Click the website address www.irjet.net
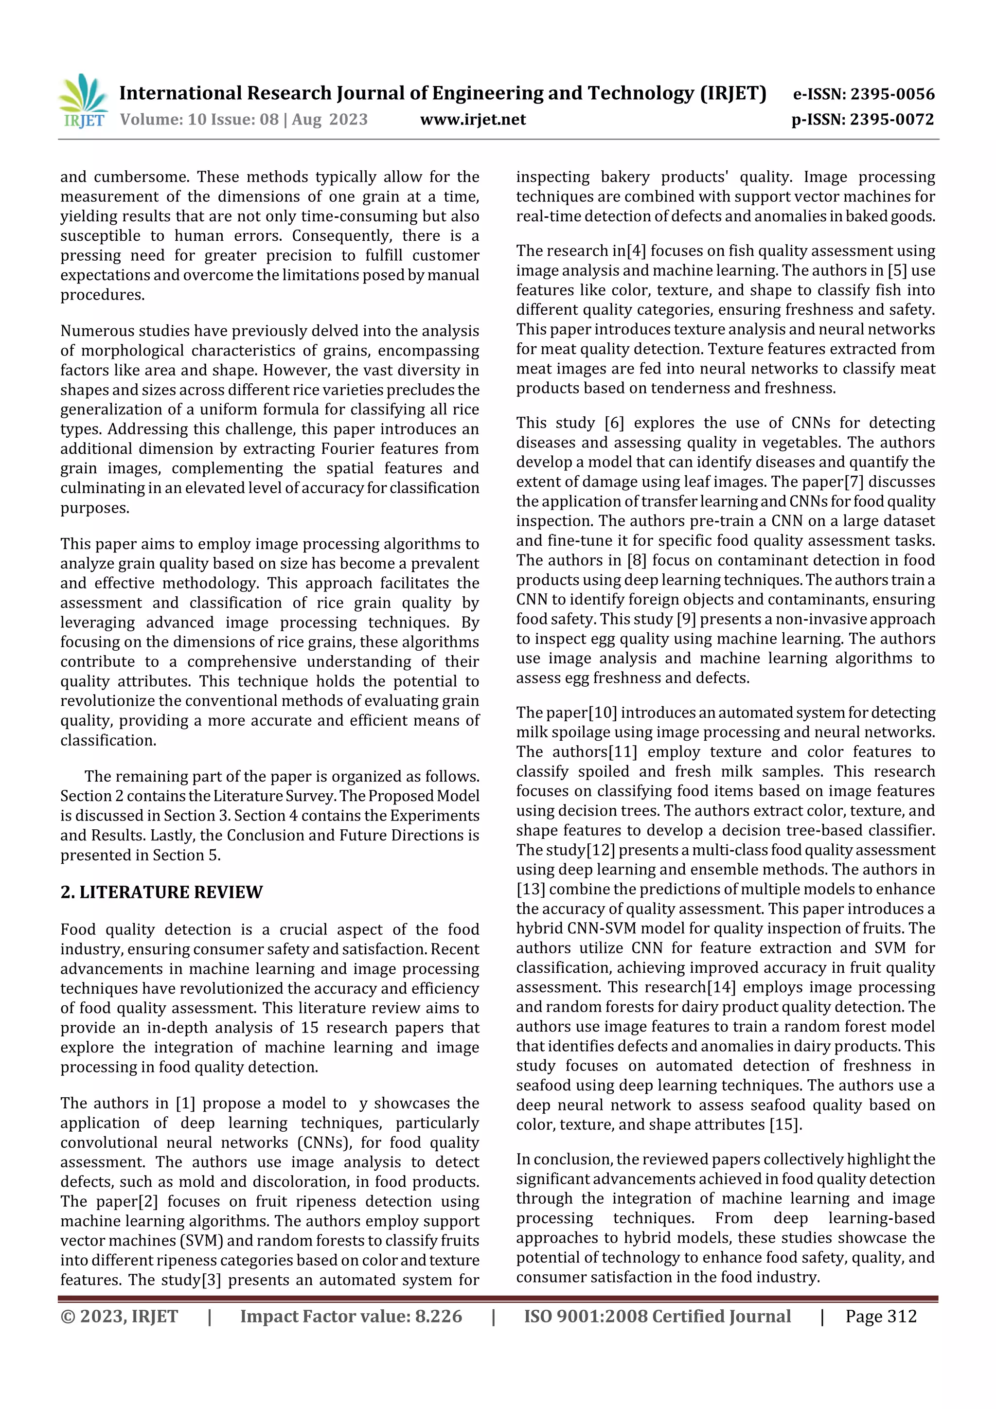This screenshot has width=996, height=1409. (x=473, y=119)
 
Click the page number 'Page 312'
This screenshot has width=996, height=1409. (x=881, y=1316)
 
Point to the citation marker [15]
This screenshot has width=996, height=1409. (x=785, y=1124)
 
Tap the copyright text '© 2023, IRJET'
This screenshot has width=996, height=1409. (x=119, y=1316)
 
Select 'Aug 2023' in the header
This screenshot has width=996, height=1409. (x=330, y=119)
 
